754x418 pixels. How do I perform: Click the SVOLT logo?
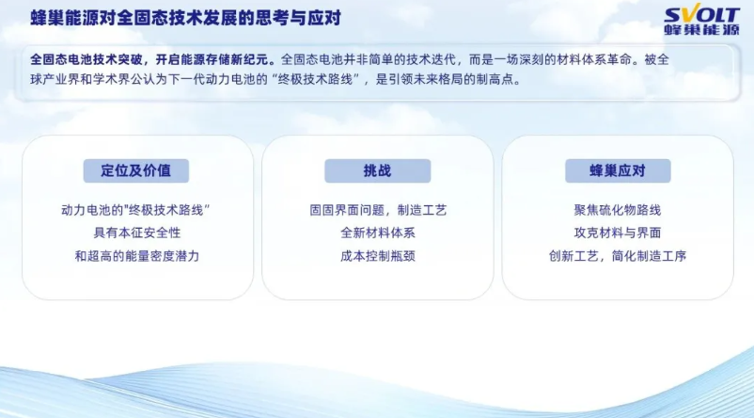coord(701,21)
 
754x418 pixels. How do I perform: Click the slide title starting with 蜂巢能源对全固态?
coord(185,18)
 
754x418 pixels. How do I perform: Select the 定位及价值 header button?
coord(136,170)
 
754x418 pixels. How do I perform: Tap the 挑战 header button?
coord(378,170)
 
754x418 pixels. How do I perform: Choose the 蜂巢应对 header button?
coord(618,170)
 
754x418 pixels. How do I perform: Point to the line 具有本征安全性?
coord(137,233)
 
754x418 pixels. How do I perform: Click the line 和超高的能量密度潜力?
coord(137,256)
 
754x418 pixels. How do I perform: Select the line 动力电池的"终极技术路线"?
coord(136,210)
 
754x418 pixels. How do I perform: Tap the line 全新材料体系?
coord(378,233)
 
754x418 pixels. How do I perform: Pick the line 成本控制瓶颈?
coord(378,256)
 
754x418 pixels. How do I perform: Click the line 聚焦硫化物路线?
coord(618,210)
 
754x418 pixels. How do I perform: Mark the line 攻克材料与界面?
coord(618,233)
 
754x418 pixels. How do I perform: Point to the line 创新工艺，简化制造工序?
coord(618,256)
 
